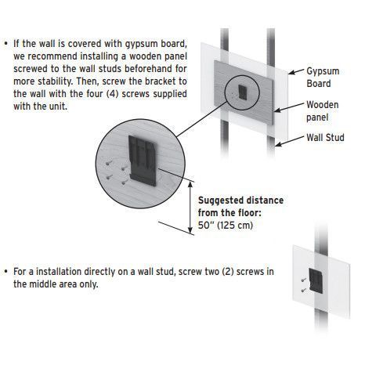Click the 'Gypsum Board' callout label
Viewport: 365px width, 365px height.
click(x=323, y=78)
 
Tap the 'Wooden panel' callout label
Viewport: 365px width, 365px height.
click(x=323, y=111)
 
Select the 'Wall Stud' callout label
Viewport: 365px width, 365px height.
click(x=325, y=137)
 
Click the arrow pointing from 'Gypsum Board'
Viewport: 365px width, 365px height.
click(x=296, y=71)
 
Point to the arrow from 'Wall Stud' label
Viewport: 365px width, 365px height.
click(x=290, y=141)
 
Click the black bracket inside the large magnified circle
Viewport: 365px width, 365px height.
click(x=142, y=161)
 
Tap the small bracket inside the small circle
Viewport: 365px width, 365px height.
click(x=243, y=92)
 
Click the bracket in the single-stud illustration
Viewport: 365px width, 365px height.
click(x=316, y=280)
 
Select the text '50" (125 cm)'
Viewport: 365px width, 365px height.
click(x=226, y=225)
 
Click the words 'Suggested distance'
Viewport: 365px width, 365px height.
click(x=240, y=201)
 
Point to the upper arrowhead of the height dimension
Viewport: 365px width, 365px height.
click(x=190, y=184)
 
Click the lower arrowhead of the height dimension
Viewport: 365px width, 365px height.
click(x=190, y=230)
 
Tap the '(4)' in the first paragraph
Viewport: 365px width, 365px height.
click(x=113, y=94)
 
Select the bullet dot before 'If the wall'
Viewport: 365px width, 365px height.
click(x=5, y=44)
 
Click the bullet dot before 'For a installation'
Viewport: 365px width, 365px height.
click(x=5, y=272)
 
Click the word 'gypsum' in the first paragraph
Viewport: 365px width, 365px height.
click(x=141, y=44)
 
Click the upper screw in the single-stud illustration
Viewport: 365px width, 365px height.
click(x=304, y=280)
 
